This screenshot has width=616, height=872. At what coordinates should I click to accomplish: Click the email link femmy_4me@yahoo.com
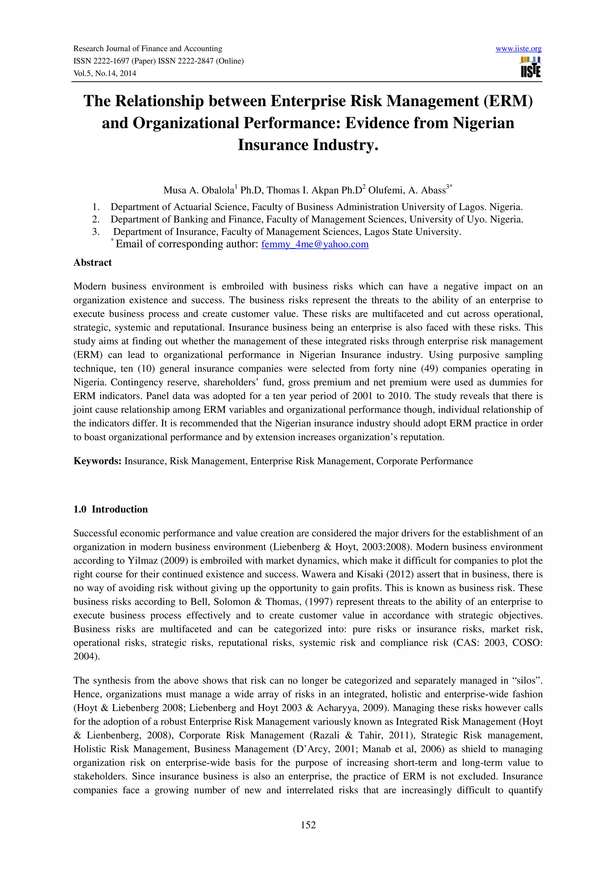(x=315, y=244)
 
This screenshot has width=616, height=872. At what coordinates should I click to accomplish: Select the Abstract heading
(x=93, y=262)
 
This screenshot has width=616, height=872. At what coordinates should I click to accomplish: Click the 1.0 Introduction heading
(x=110, y=509)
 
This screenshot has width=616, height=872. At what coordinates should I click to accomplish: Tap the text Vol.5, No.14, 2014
(x=105, y=73)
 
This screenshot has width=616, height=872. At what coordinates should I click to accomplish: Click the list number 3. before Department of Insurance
(x=96, y=232)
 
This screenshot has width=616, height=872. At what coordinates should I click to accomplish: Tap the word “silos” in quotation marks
(x=528, y=681)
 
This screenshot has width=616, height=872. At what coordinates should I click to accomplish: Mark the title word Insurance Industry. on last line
(x=308, y=145)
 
